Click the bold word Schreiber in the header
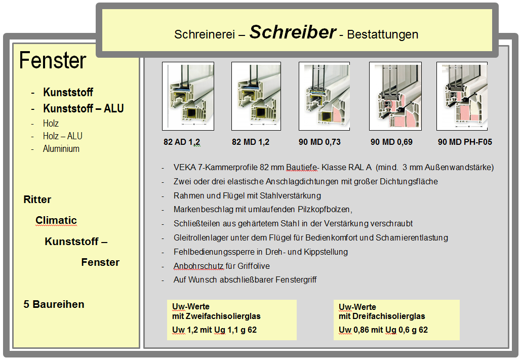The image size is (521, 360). tap(293, 32)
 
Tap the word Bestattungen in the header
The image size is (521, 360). tap(383, 34)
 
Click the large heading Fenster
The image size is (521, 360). tap(53, 61)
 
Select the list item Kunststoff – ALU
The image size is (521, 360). tap(84, 108)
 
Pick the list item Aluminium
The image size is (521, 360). tap(61, 149)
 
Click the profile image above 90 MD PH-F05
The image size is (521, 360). tap(462, 96)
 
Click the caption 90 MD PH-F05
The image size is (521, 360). tap(465, 142)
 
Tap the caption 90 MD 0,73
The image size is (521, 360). tap(319, 142)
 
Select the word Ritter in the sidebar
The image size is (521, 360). tap(37, 199)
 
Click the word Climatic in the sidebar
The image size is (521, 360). tap(56, 220)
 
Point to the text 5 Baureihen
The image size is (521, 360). tap(54, 304)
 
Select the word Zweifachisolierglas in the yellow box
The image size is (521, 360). tap(224, 316)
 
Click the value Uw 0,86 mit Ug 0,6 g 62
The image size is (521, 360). tap(383, 330)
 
